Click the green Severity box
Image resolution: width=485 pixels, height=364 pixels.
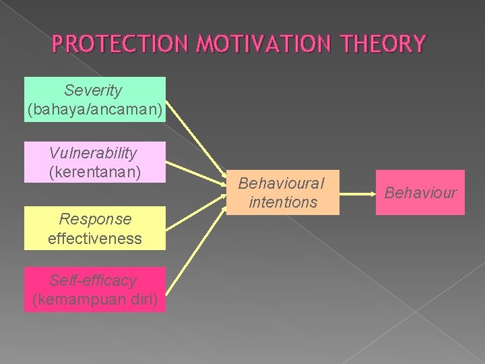[94, 99]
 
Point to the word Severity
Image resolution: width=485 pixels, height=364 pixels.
[94, 90]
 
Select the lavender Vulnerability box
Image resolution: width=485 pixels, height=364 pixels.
[94, 162]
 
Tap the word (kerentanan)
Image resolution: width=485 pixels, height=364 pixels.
[94, 172]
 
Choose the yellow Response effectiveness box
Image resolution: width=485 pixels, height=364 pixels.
[94, 228]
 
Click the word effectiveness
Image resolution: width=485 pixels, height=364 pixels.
[94, 238]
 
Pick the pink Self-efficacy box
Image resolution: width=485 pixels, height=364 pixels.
[94, 289]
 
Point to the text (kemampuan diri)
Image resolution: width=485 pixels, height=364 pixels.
[94, 299]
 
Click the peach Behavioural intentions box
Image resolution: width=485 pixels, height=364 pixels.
[282, 192]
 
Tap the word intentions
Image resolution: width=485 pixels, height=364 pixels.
[282, 202]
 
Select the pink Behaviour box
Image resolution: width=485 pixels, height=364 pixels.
[420, 193]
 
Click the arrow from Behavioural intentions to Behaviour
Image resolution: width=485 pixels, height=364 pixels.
[357, 193]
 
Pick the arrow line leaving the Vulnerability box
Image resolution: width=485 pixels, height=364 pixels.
[195, 173]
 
